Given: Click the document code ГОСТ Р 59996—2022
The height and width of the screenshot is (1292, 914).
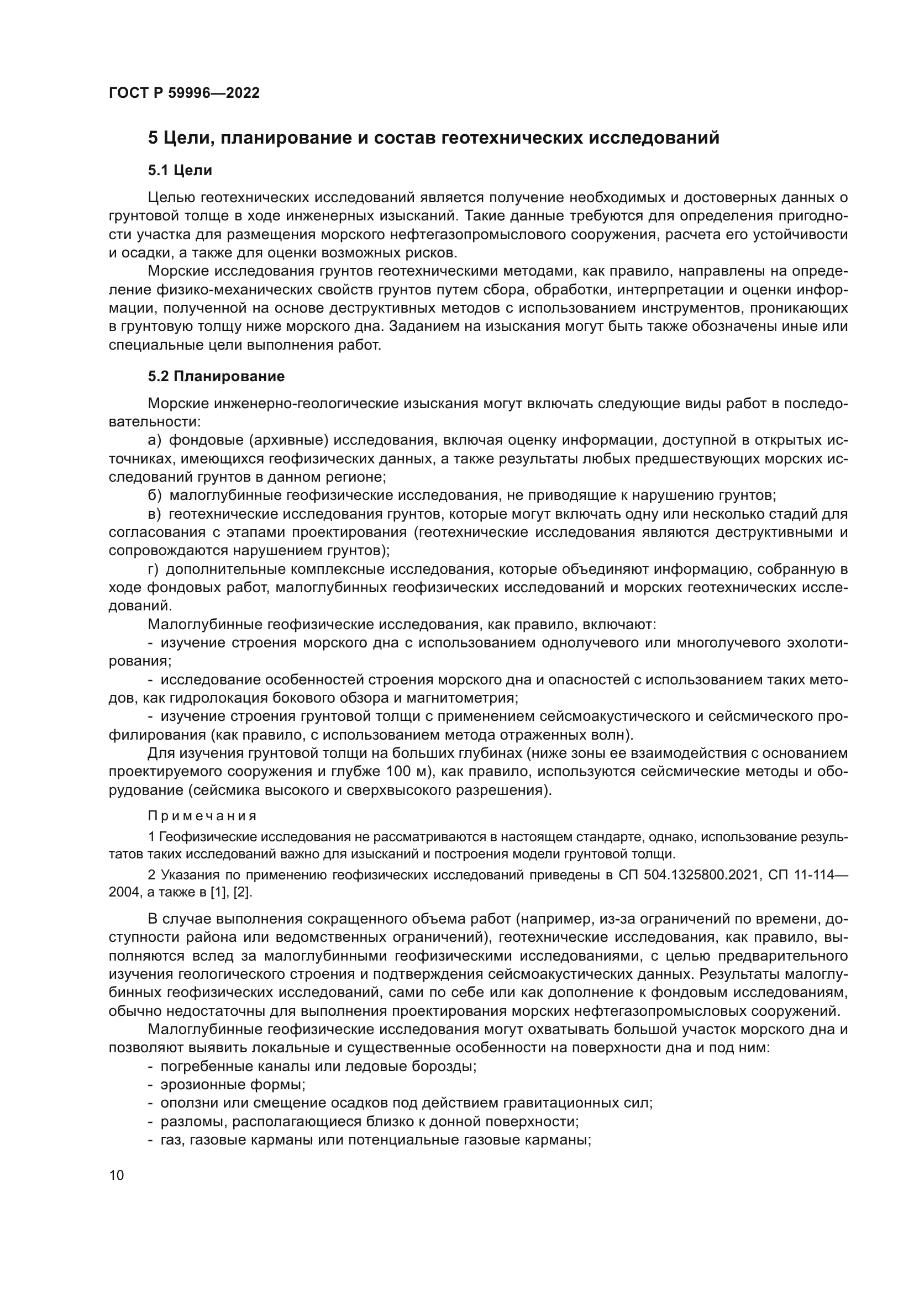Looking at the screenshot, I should (x=184, y=93).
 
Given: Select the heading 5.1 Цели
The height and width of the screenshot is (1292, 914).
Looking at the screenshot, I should (x=180, y=171).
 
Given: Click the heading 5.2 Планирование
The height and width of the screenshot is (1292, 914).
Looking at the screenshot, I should (x=216, y=377).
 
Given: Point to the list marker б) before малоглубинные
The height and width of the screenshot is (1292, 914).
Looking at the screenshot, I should (x=155, y=495).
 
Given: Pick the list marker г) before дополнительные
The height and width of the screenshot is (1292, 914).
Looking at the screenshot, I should (x=154, y=569).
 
